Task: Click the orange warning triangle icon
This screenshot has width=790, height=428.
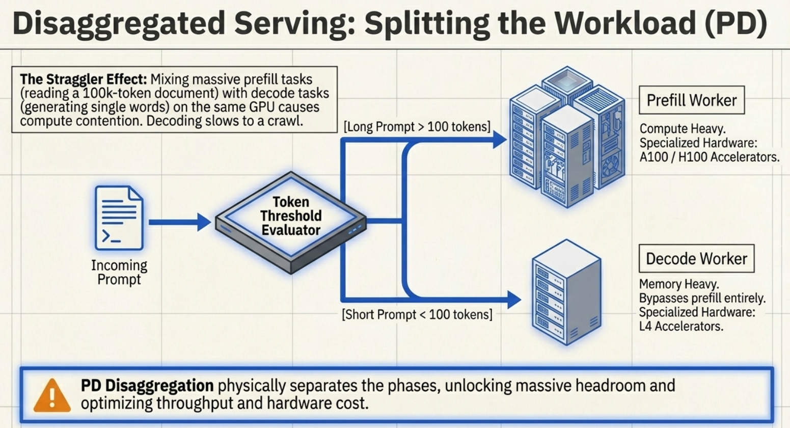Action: coord(52,396)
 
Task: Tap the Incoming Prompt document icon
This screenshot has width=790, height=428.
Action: coord(119,218)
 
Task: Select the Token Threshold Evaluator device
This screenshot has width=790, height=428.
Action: coord(290,221)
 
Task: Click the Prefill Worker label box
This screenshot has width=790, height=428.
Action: coord(691,100)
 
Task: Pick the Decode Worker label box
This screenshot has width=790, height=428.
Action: coord(696,259)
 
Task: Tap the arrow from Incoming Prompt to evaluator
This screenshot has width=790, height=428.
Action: coord(179,222)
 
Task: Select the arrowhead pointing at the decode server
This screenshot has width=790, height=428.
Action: coord(513,300)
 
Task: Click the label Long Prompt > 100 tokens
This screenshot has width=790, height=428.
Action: coord(417,127)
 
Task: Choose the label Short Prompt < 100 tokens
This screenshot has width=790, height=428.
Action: coord(417,315)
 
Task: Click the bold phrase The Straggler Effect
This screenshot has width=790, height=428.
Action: coord(84,79)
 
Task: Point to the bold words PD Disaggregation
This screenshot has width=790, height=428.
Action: coord(147,386)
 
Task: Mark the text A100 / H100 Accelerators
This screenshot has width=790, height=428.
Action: coord(709,157)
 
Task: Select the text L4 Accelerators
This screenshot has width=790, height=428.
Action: coord(680,326)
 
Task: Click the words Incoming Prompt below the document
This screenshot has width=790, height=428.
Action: coord(119,272)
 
